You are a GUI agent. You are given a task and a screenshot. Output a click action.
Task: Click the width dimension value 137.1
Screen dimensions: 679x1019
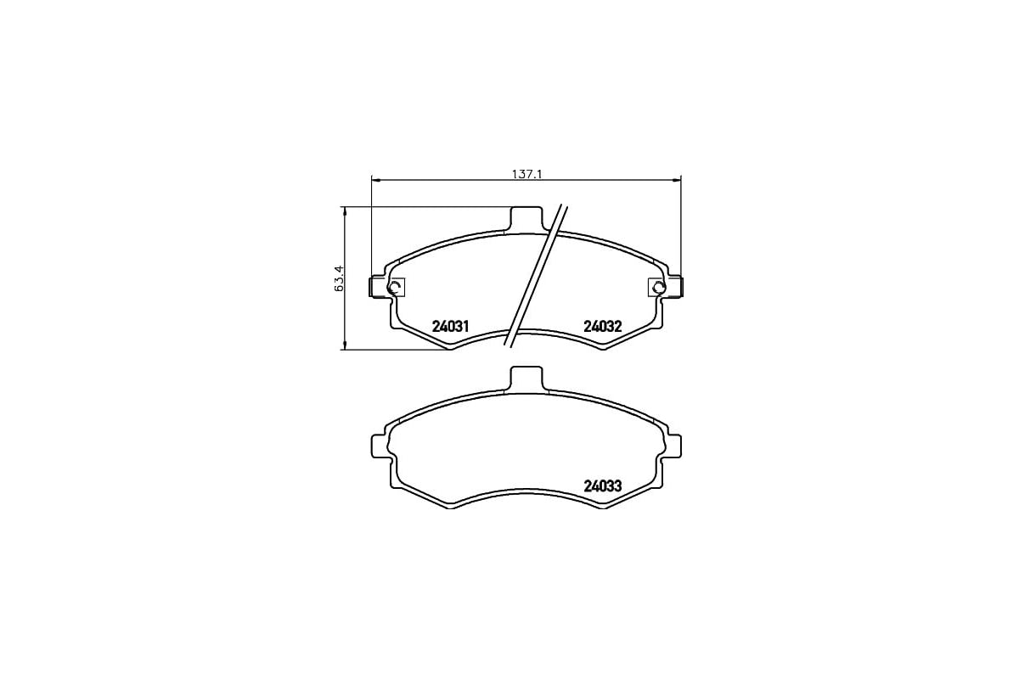click(x=526, y=174)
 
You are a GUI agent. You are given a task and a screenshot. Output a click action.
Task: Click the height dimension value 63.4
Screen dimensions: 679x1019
click(x=339, y=278)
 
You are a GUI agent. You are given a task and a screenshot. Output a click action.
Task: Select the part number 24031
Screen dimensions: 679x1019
click(x=451, y=326)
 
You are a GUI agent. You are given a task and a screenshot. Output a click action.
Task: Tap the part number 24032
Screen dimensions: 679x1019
click(x=603, y=326)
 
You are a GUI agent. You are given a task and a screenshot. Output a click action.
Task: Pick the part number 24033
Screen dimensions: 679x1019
click(x=603, y=486)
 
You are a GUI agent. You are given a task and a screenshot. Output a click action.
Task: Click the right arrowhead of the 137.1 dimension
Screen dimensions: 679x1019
click(x=678, y=179)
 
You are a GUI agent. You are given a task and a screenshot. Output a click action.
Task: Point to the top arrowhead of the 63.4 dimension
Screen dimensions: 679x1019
click(x=345, y=210)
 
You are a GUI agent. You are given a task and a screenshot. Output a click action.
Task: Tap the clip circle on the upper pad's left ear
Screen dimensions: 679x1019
click(x=393, y=288)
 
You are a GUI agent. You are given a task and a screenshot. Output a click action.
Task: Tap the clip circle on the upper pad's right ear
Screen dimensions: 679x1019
click(x=658, y=288)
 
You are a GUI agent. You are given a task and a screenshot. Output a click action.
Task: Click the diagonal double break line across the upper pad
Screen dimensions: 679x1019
click(x=535, y=276)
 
